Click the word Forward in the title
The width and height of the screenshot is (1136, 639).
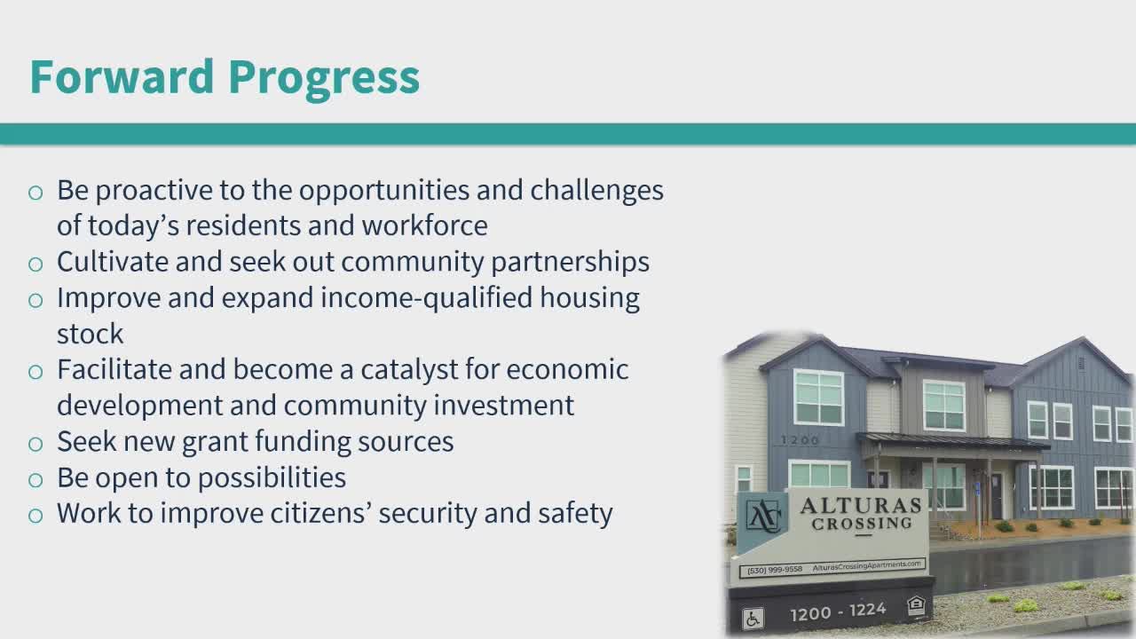coord(122,76)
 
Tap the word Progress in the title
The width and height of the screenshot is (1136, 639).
coord(324,80)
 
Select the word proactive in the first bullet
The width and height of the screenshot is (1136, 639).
coord(154,191)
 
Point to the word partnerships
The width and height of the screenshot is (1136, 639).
coord(570,263)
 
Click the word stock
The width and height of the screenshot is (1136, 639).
coord(91,334)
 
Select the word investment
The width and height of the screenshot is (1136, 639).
coord(503,406)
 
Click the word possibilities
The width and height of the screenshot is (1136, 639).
coord(272,477)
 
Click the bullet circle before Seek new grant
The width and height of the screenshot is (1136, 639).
coord(35,445)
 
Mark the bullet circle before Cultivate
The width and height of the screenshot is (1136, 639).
coord(35,264)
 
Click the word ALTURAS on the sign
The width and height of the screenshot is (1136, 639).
coord(861,506)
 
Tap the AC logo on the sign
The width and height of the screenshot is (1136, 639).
coord(762,516)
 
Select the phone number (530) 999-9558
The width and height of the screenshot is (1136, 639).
coord(775,570)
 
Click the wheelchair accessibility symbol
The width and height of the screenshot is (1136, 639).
coord(753,619)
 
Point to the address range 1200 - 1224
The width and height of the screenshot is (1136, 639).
coord(838,611)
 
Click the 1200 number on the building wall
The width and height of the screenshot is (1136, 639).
coord(800,440)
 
